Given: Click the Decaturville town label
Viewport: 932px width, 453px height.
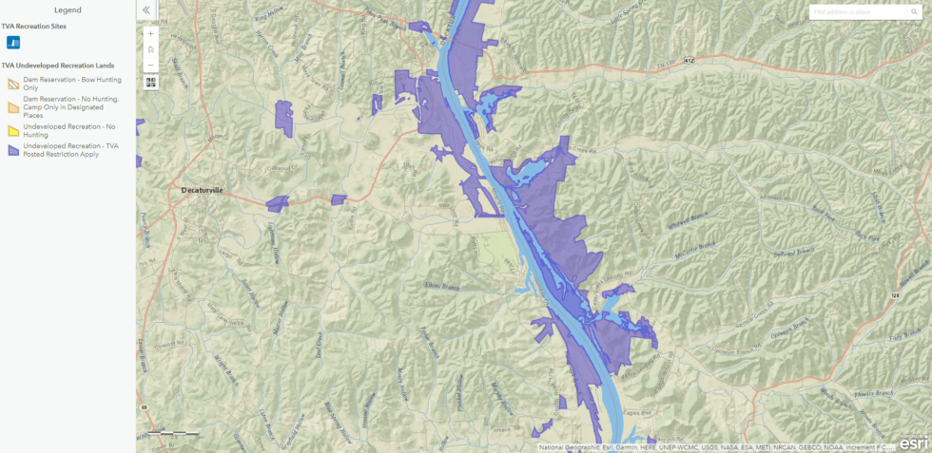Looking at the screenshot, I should click(202, 190).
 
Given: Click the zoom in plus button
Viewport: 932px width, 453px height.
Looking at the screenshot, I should click(150, 33).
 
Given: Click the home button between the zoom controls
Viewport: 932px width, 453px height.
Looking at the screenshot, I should click(150, 49).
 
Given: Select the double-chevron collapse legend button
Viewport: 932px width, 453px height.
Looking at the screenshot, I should click(146, 10).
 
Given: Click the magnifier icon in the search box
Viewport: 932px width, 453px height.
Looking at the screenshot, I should click(914, 12).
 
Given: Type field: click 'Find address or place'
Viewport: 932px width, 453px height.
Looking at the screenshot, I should click(856, 12).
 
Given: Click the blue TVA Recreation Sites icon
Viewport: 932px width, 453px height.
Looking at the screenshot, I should click(13, 43).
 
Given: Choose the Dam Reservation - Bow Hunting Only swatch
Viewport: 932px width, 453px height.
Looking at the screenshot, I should click(13, 84).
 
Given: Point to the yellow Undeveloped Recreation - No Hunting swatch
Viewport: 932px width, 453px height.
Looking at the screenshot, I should click(13, 130).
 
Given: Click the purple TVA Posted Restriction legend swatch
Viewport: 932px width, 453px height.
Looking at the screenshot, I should click(13, 149).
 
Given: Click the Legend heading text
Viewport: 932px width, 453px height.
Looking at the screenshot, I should click(68, 9).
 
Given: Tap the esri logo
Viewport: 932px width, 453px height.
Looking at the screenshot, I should click(913, 442).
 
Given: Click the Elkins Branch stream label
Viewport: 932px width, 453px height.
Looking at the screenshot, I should click(440, 285).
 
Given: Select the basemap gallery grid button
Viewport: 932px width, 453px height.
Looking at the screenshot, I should click(150, 82).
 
